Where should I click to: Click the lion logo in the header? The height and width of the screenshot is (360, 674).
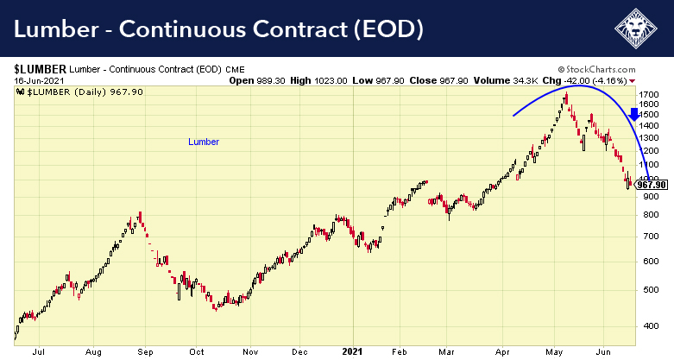[x=637, y=30]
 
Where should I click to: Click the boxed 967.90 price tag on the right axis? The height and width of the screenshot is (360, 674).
[x=651, y=184]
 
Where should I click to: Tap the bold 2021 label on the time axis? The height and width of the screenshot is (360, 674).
[x=353, y=352]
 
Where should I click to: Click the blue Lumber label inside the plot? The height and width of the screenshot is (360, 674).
[x=204, y=142]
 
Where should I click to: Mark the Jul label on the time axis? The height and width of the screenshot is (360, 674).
[x=37, y=352]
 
